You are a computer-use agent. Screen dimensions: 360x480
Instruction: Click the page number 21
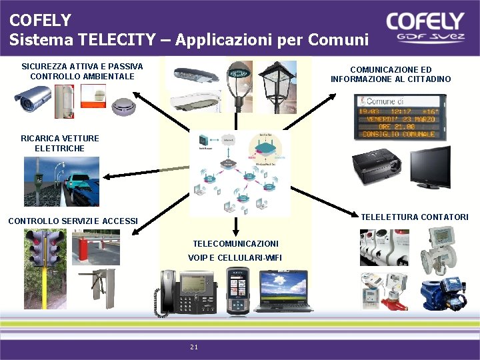tap(194, 347)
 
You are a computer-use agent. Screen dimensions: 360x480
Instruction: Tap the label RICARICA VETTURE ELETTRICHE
tap(60, 143)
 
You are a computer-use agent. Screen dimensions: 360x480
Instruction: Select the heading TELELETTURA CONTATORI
tap(415, 217)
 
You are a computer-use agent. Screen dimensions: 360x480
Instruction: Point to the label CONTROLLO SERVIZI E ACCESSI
tap(73, 221)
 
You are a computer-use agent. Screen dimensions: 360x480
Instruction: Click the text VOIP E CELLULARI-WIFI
tap(235, 258)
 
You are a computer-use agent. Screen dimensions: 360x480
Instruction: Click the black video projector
tap(377, 169)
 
